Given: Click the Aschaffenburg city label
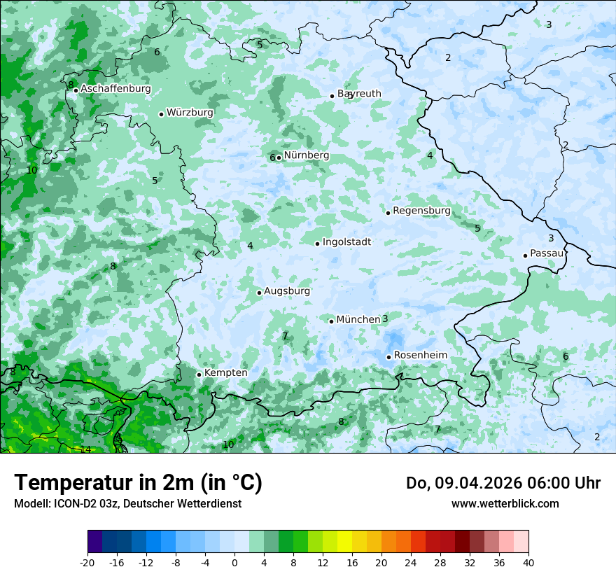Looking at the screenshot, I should click(x=115, y=89).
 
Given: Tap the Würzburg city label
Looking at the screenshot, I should click(x=190, y=113).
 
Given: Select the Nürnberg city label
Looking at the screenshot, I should click(x=306, y=155).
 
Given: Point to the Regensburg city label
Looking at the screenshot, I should click(x=421, y=211).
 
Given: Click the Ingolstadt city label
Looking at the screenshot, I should click(x=346, y=242).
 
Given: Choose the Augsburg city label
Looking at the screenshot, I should click(x=286, y=291).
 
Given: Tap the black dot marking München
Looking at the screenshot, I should click(x=331, y=321).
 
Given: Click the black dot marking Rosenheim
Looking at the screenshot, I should click(x=388, y=357).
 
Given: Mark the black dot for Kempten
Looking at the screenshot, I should click(x=199, y=374).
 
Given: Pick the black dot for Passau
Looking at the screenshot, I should click(x=525, y=255).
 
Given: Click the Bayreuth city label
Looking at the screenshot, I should click(x=359, y=94).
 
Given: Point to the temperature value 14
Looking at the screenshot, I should click(x=85, y=449).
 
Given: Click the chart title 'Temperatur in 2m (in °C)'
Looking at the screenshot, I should click(x=138, y=483).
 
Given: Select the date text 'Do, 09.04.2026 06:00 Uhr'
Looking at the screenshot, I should click(x=503, y=483).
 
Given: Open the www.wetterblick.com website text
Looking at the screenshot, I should click(x=505, y=503).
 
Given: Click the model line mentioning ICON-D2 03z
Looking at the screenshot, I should click(x=127, y=503).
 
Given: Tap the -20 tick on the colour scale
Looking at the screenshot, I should click(x=87, y=562).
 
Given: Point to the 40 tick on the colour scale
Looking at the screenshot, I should click(x=528, y=562).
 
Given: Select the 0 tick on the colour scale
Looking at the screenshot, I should click(x=234, y=562).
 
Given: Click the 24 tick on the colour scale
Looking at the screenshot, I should click(x=410, y=562).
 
